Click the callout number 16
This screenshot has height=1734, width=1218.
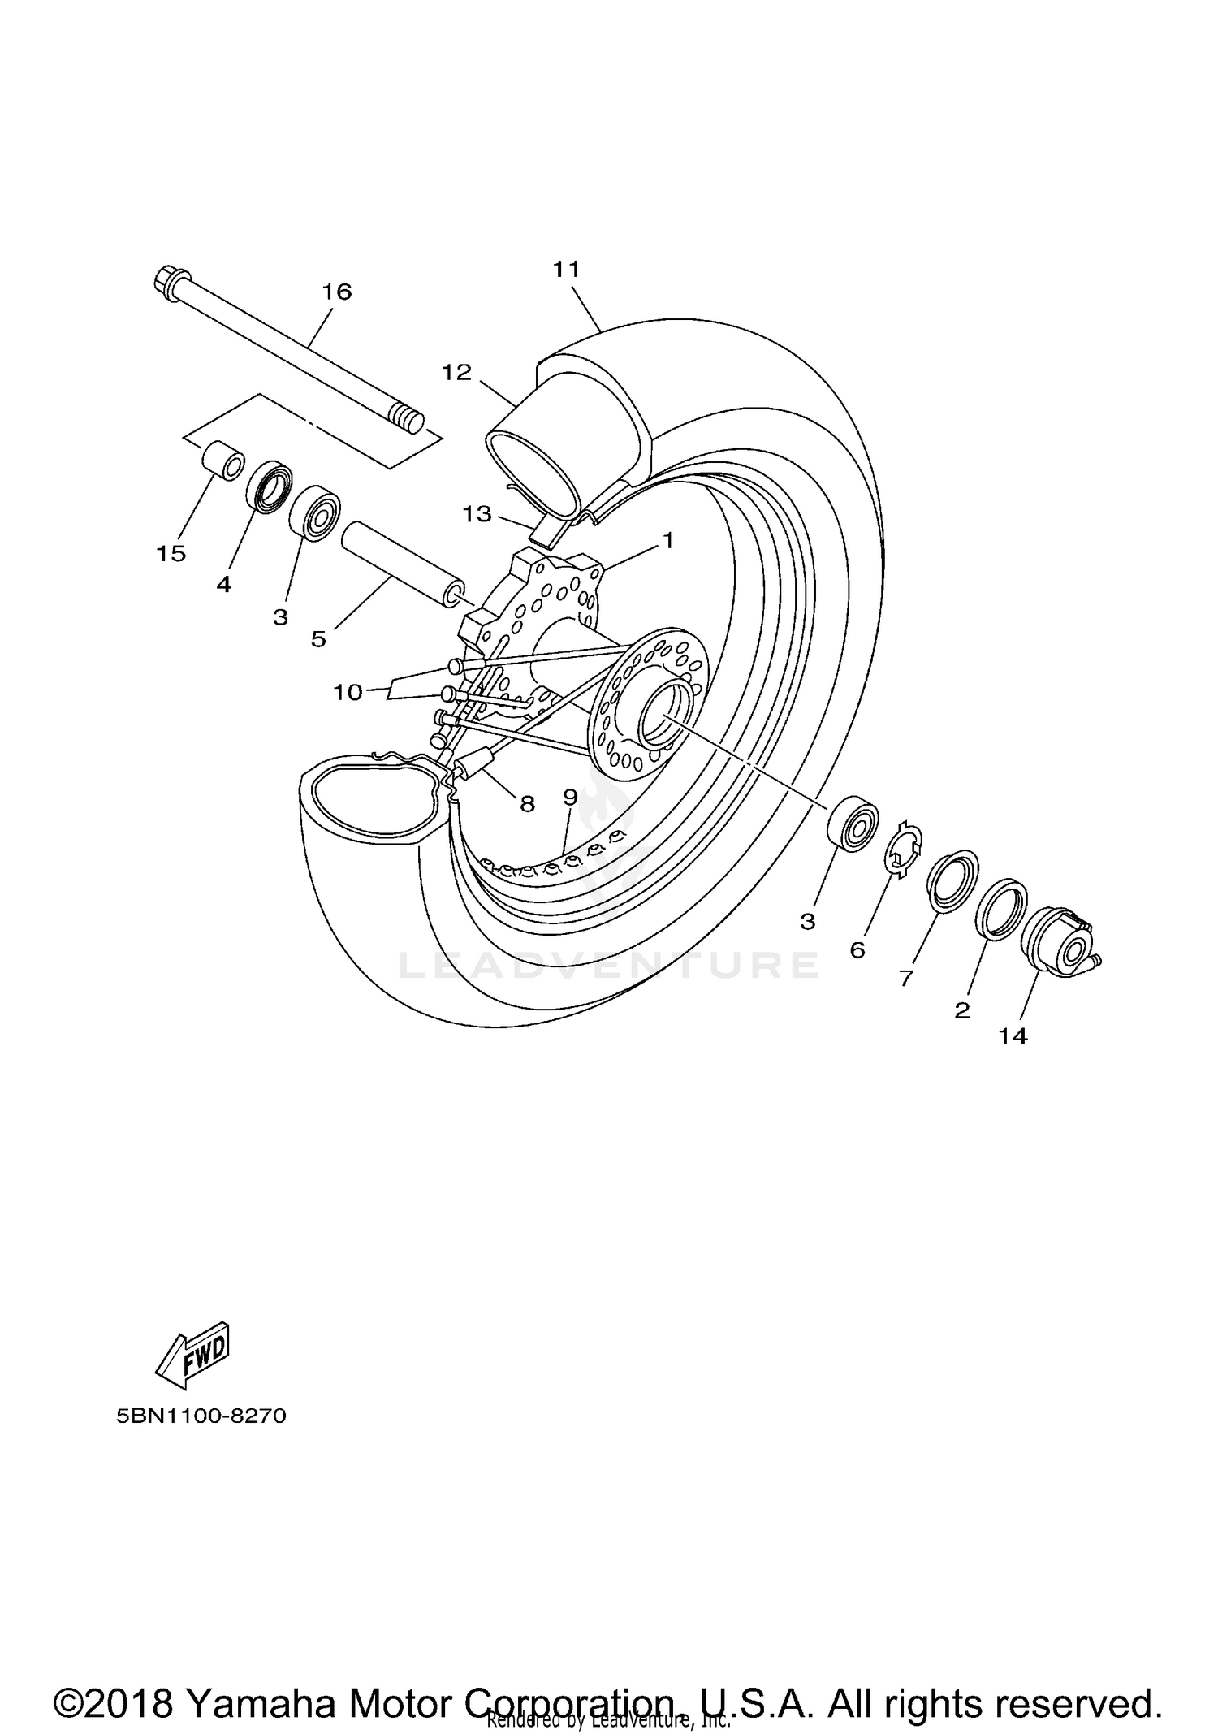[x=337, y=292]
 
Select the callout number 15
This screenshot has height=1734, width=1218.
[x=171, y=554]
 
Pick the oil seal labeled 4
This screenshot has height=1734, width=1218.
[x=267, y=487]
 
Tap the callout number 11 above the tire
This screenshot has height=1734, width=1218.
[x=566, y=270]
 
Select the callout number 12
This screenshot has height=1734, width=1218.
[x=456, y=373]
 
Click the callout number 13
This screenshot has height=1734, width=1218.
[x=477, y=513]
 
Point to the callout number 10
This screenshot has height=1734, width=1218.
[x=348, y=692]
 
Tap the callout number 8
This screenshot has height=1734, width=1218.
[x=527, y=804]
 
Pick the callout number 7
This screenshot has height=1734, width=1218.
[x=906, y=977]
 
